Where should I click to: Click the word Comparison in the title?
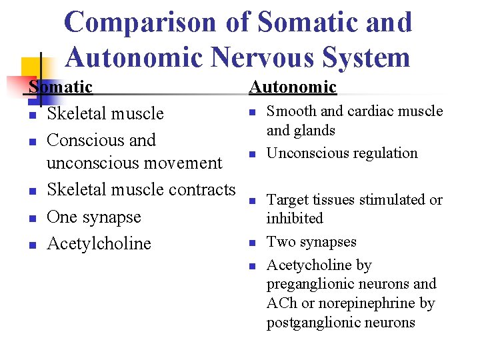[x=140, y=22]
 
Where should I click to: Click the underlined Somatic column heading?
[x=61, y=87]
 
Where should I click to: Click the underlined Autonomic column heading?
[x=293, y=87]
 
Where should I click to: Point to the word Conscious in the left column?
[x=81, y=140]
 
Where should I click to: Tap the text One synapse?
[x=94, y=217]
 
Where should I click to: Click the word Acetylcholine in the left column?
[x=99, y=243]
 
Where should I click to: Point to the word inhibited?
[x=295, y=219]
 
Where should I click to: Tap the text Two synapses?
[x=311, y=242]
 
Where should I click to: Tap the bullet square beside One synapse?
[x=32, y=218]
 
